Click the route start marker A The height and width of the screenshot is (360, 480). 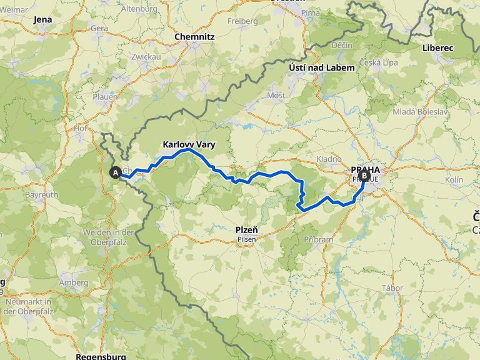coord(115,173)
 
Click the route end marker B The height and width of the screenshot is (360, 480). coord(363,176)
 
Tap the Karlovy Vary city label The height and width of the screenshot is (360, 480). coord(189,144)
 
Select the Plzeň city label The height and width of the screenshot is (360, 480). coord(247,230)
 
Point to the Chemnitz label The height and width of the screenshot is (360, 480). coord(194,37)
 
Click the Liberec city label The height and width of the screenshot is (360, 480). coord(437,47)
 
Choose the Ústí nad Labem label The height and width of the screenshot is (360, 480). coord(321,67)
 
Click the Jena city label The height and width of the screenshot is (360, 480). coord(43,19)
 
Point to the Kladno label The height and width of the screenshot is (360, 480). coord(329,159)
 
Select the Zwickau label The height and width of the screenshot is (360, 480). coord(146,56)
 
